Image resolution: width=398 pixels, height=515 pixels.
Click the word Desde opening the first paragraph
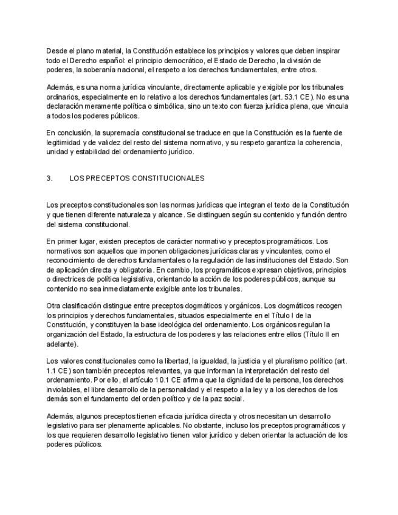56,51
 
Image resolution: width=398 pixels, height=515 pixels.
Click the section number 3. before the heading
49,179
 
